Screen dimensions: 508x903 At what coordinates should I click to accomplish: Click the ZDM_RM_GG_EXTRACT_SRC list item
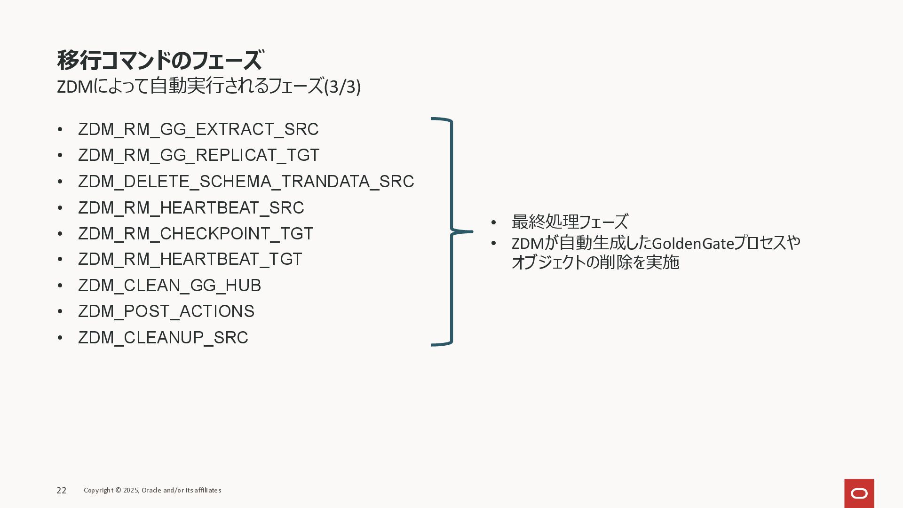[x=198, y=129]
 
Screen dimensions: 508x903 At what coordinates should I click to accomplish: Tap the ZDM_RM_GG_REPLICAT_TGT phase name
[x=198, y=155]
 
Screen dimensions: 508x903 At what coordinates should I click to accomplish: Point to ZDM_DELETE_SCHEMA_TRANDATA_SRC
[x=246, y=182]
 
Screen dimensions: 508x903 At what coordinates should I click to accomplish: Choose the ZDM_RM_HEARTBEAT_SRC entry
[x=191, y=208]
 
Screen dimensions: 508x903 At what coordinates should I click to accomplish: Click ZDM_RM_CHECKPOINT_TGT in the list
[x=196, y=234]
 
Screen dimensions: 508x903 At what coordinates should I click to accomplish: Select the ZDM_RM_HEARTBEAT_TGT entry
[x=190, y=259]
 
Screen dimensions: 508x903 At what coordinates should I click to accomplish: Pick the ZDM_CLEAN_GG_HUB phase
[x=169, y=286]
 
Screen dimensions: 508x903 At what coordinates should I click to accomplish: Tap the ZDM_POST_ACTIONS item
[x=166, y=311]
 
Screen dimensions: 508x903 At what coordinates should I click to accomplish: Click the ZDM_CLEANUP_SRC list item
[x=163, y=338]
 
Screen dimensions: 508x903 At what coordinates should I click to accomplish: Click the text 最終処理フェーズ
[x=570, y=222]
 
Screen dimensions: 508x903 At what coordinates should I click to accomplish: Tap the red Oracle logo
[x=859, y=493]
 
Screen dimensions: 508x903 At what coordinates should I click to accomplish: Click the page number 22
[x=62, y=491]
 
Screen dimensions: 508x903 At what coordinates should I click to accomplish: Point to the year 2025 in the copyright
[x=131, y=491]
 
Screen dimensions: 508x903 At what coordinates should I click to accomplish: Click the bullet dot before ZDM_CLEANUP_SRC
[x=60, y=338]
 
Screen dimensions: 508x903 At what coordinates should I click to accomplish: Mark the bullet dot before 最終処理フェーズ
[x=493, y=222]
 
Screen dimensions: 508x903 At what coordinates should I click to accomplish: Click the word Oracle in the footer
[x=151, y=491]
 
